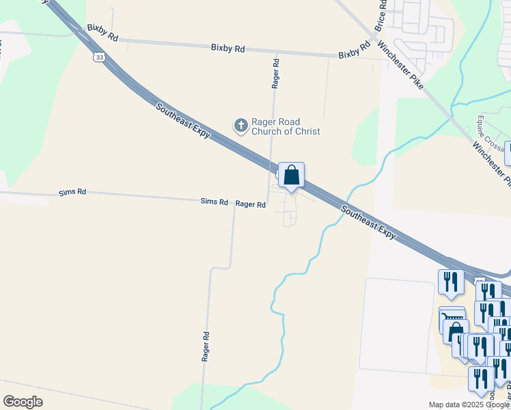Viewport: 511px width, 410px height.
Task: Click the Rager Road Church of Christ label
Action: tap(286, 127)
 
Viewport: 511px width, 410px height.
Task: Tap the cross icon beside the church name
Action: tap(240, 126)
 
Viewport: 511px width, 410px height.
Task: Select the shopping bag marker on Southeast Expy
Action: tap(291, 176)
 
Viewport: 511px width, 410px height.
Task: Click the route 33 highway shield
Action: tap(100, 58)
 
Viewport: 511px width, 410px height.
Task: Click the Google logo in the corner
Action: tap(23, 402)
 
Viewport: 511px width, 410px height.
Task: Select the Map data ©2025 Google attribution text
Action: tap(469, 405)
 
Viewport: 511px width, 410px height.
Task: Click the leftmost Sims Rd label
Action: tap(72, 193)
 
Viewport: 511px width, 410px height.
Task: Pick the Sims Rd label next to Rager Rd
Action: tap(214, 202)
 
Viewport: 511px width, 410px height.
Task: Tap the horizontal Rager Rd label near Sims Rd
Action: tap(250, 204)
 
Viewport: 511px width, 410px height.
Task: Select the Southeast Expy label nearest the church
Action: tap(182, 121)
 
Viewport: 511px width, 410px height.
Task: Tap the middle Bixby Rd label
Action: tap(228, 49)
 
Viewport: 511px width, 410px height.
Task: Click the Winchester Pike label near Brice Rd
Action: tap(401, 68)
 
